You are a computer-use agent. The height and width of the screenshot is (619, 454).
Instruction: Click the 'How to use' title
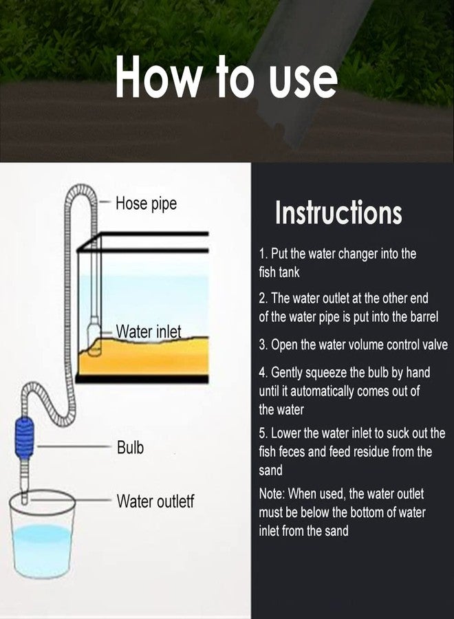(226, 76)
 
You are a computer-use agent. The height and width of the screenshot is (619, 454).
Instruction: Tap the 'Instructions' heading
(338, 212)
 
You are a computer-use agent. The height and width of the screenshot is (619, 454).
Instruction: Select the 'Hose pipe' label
(146, 204)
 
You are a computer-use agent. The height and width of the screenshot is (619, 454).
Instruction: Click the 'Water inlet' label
(149, 332)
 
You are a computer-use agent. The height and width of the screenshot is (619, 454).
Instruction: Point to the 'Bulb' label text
(130, 448)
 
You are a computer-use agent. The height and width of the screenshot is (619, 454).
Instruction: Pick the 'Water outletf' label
(155, 501)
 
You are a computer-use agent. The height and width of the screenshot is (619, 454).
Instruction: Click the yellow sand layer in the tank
(143, 356)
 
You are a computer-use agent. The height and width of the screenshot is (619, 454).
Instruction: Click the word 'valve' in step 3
(435, 345)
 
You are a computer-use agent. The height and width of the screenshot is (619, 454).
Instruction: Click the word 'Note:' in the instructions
(272, 493)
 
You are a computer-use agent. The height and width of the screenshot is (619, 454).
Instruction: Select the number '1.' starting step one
(264, 253)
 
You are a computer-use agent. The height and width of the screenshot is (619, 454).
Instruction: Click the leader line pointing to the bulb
(72, 447)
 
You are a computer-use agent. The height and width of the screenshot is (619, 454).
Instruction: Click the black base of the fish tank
(142, 379)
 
